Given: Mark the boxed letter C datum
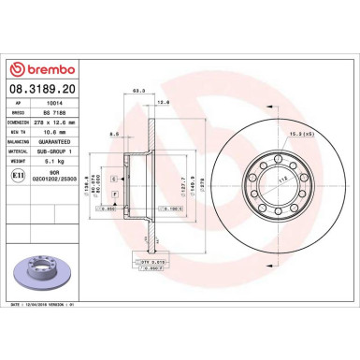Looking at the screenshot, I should click(114, 178).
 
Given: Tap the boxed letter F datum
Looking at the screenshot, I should click(114, 193).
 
